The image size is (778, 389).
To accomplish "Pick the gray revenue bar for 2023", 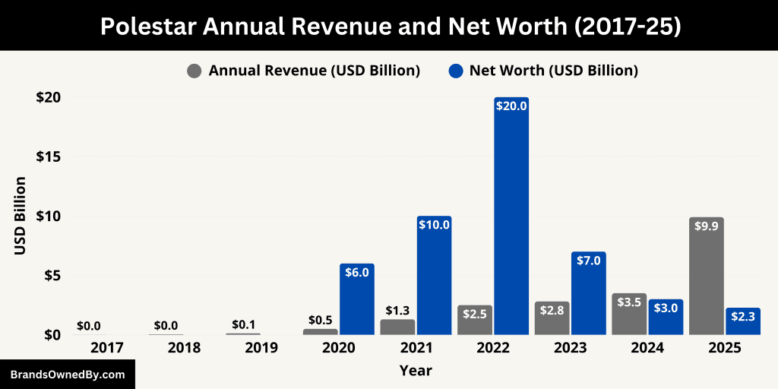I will [x=552, y=319].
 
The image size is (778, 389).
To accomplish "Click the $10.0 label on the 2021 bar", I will [x=434, y=224].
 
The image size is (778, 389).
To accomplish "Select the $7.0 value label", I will [x=589, y=261].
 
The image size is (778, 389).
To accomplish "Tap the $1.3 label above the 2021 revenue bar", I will [x=397, y=310].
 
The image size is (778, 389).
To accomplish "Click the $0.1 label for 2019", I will [x=243, y=324].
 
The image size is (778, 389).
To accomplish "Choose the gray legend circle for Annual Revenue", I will [x=194, y=71].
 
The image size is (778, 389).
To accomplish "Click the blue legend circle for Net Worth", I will [x=456, y=71].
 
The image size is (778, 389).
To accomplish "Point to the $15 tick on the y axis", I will [x=49, y=157].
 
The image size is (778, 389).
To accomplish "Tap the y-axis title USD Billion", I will [x=21, y=216].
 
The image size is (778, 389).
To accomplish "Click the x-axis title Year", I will [x=416, y=371].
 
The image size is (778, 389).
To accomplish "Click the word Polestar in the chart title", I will [x=145, y=27].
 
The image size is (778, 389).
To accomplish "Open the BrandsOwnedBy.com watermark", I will [x=68, y=375].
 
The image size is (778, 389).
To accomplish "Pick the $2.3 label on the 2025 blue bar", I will [x=744, y=317].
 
